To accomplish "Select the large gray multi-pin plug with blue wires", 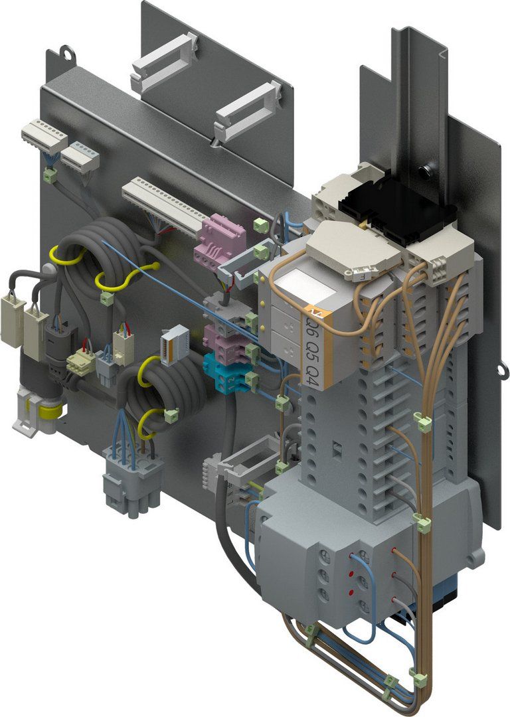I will pos(132,478).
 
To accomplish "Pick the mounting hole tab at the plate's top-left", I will pos(66,51).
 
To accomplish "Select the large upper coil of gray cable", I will pos(93,252).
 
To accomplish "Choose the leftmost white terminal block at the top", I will pos(44,135).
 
